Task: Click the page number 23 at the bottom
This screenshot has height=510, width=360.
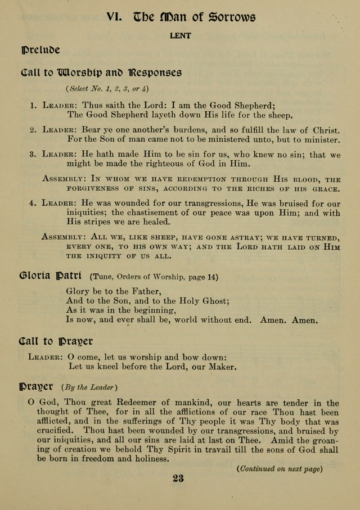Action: (178, 479)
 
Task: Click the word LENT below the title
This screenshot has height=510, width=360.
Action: (181, 35)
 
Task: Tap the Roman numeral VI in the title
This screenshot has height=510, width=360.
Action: (115, 17)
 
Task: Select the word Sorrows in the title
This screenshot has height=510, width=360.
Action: (232, 17)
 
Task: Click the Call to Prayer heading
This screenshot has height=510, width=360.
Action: (56, 341)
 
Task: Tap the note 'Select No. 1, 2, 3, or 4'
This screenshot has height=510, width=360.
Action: (107, 88)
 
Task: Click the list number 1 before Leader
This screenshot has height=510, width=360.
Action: (33, 105)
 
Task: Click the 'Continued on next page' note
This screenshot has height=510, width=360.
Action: (280, 469)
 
